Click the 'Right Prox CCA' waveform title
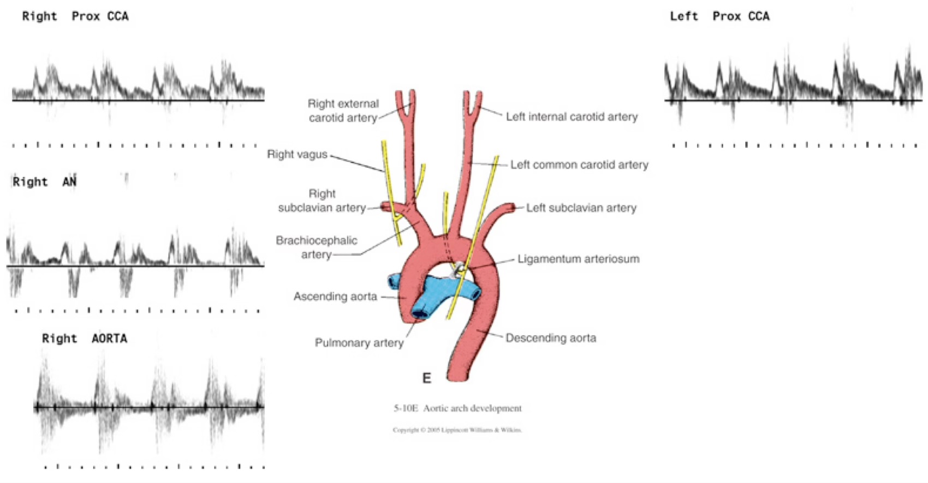point(75,16)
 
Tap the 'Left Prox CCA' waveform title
point(719,16)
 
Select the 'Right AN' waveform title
point(44,182)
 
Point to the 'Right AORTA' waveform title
point(85,339)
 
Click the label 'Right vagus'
point(297,154)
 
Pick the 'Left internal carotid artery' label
point(572,117)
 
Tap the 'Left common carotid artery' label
point(579,165)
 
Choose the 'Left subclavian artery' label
point(581,208)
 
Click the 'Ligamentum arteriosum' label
point(578,259)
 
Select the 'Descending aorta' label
point(550,338)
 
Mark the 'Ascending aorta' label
point(335,297)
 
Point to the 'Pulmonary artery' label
point(359,343)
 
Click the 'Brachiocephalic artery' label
point(316,247)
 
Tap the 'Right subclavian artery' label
point(322,201)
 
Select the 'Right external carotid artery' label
point(343,111)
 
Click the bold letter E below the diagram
point(426,378)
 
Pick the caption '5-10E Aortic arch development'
point(457,408)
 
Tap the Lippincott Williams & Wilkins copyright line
point(457,430)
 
